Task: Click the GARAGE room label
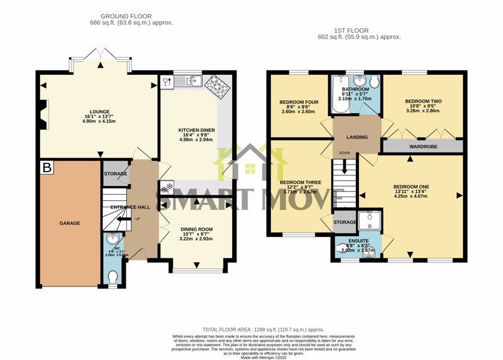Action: [70, 223]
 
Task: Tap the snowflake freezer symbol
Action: [167, 188]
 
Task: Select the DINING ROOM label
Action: [196, 229]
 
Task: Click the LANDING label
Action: [357, 137]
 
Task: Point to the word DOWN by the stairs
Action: [344, 153]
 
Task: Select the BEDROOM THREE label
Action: [300, 182]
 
